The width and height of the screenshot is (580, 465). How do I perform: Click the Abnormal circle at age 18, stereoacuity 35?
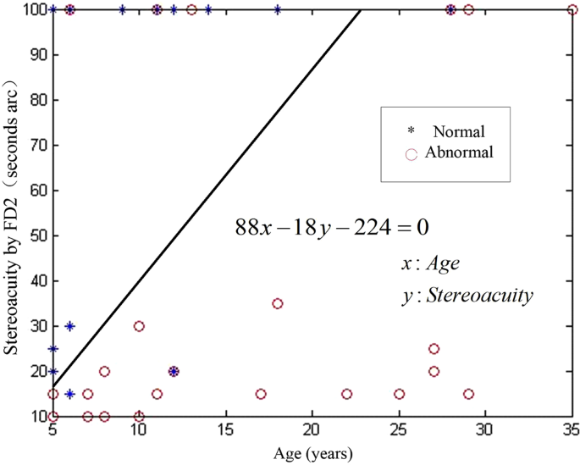pyautogui.click(x=278, y=303)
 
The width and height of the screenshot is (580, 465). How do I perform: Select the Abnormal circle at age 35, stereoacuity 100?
pyautogui.click(x=572, y=10)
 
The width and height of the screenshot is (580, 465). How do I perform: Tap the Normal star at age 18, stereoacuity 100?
pyautogui.click(x=278, y=10)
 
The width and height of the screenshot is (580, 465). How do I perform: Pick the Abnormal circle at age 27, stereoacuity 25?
pyautogui.click(x=434, y=349)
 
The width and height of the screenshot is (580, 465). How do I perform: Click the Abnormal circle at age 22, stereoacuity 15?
pyautogui.click(x=347, y=394)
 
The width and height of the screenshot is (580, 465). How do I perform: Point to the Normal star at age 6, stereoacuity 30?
pyautogui.click(x=70, y=326)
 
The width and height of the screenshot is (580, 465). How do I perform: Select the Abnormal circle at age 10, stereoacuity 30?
pyautogui.click(x=139, y=326)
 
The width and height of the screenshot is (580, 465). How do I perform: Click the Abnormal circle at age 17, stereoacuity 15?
pyautogui.click(x=261, y=394)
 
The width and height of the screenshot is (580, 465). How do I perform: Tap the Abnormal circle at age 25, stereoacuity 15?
pyautogui.click(x=399, y=394)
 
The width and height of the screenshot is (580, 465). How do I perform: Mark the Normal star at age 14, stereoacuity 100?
pyautogui.click(x=208, y=10)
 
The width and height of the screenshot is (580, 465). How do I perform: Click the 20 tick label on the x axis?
pyautogui.click(x=312, y=429)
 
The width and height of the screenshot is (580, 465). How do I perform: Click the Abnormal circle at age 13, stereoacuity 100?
pyautogui.click(x=191, y=10)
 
